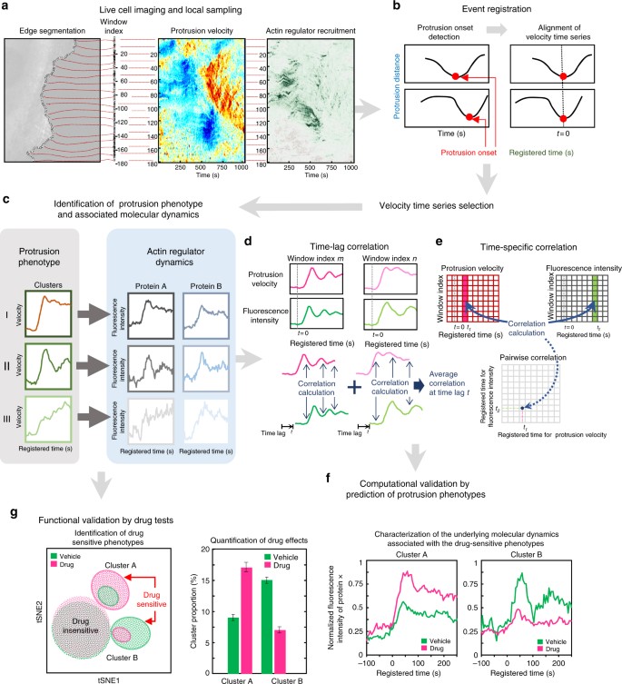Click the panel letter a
click(x=7, y=7)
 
